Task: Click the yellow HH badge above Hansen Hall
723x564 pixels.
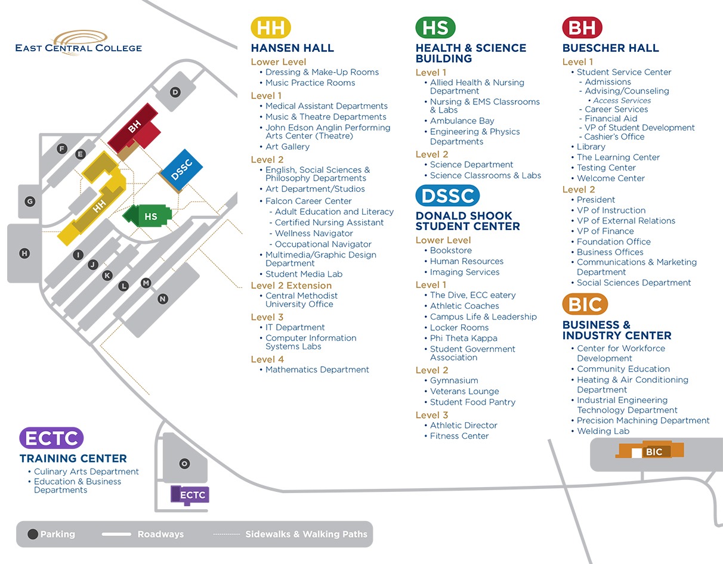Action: click(271, 27)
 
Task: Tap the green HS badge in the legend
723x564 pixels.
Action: click(435, 27)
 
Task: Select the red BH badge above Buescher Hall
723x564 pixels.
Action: click(582, 27)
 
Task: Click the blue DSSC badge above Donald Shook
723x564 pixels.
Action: click(447, 196)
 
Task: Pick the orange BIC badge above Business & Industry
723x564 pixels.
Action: click(585, 304)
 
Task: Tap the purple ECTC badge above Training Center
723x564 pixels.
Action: click(51, 438)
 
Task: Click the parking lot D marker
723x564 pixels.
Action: click(175, 92)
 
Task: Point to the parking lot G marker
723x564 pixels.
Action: click(30, 201)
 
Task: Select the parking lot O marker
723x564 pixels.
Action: click(184, 464)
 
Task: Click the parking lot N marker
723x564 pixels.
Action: click(163, 299)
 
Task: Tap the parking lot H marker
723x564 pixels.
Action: click(24, 253)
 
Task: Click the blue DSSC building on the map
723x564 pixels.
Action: click(181, 171)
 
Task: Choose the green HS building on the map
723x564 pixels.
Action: click(147, 216)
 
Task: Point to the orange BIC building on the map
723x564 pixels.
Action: click(650, 450)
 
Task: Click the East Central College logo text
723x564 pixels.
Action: click(79, 48)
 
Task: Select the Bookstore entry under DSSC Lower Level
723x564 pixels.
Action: click(451, 250)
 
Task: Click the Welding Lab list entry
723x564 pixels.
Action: click(603, 431)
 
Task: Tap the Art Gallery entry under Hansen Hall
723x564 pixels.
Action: click(288, 147)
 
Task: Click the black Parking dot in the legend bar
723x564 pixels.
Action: click(33, 534)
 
